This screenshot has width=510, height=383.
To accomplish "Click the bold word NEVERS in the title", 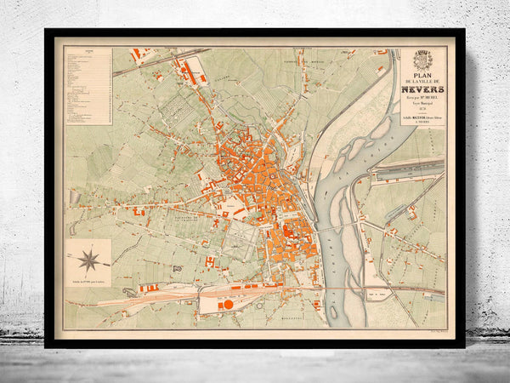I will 422,85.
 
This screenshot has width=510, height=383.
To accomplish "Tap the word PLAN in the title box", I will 422,67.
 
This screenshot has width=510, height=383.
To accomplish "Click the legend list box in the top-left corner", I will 88,85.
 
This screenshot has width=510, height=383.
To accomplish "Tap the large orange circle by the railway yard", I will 228,304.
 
